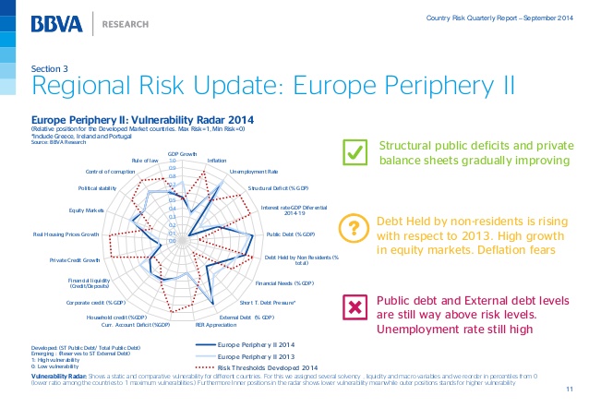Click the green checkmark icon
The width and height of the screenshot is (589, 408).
(x=353, y=152)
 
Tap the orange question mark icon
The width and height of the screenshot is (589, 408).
(x=353, y=228)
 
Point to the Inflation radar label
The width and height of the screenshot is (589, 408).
(x=218, y=161)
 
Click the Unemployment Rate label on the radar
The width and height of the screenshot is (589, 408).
(x=253, y=172)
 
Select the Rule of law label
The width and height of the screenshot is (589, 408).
(x=145, y=161)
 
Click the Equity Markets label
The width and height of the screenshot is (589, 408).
(x=100, y=210)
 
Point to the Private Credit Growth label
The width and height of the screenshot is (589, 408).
(x=75, y=260)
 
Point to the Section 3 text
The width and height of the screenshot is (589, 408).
(x=51, y=69)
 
